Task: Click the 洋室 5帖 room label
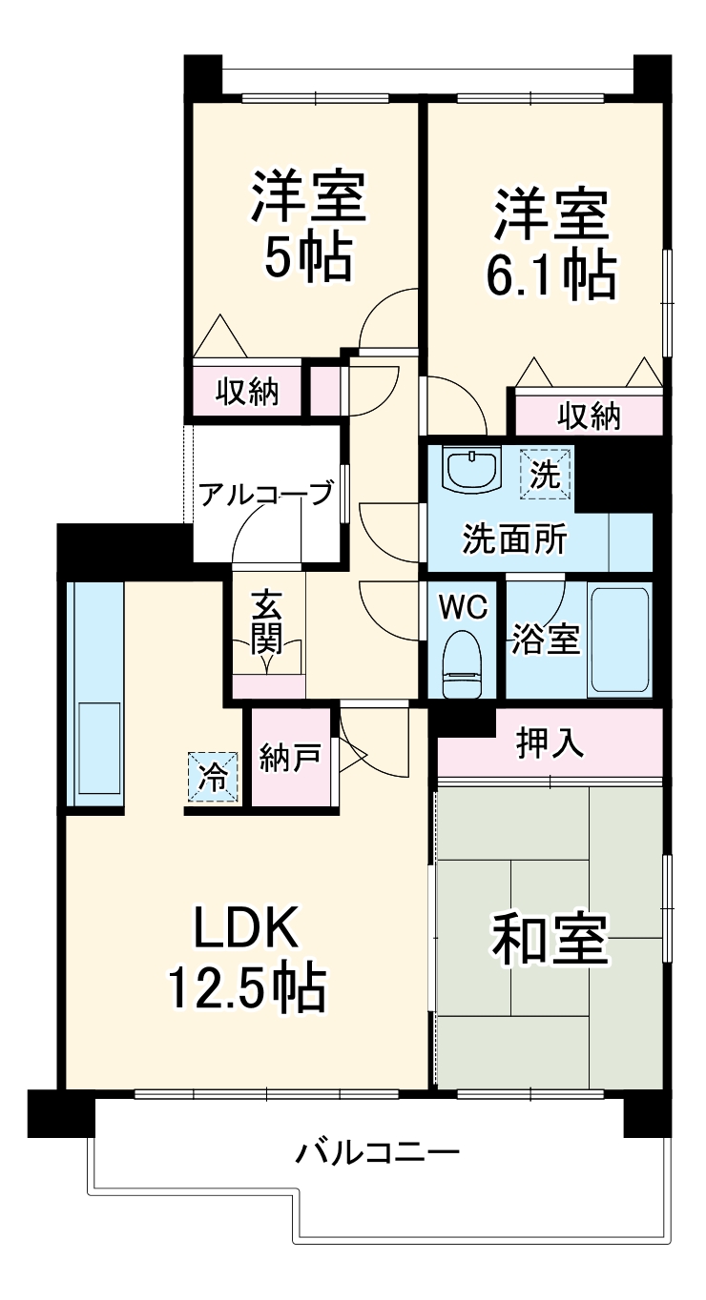point(307,226)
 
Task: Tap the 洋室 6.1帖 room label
point(550,242)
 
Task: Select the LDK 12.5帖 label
point(247,957)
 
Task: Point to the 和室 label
point(549,939)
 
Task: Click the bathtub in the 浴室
point(619,640)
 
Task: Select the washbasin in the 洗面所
point(472,469)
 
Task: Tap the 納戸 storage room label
point(289,760)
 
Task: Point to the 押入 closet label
point(550,744)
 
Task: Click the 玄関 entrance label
point(267,625)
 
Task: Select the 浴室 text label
point(546,640)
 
